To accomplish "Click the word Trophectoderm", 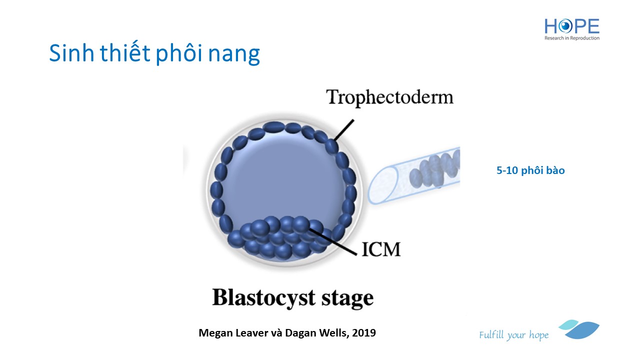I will click(x=389, y=96).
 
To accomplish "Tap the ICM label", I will click(x=381, y=248).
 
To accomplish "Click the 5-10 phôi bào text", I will click(x=530, y=170).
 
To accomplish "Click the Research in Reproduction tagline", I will click(x=572, y=38).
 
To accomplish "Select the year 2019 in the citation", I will click(x=364, y=332).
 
